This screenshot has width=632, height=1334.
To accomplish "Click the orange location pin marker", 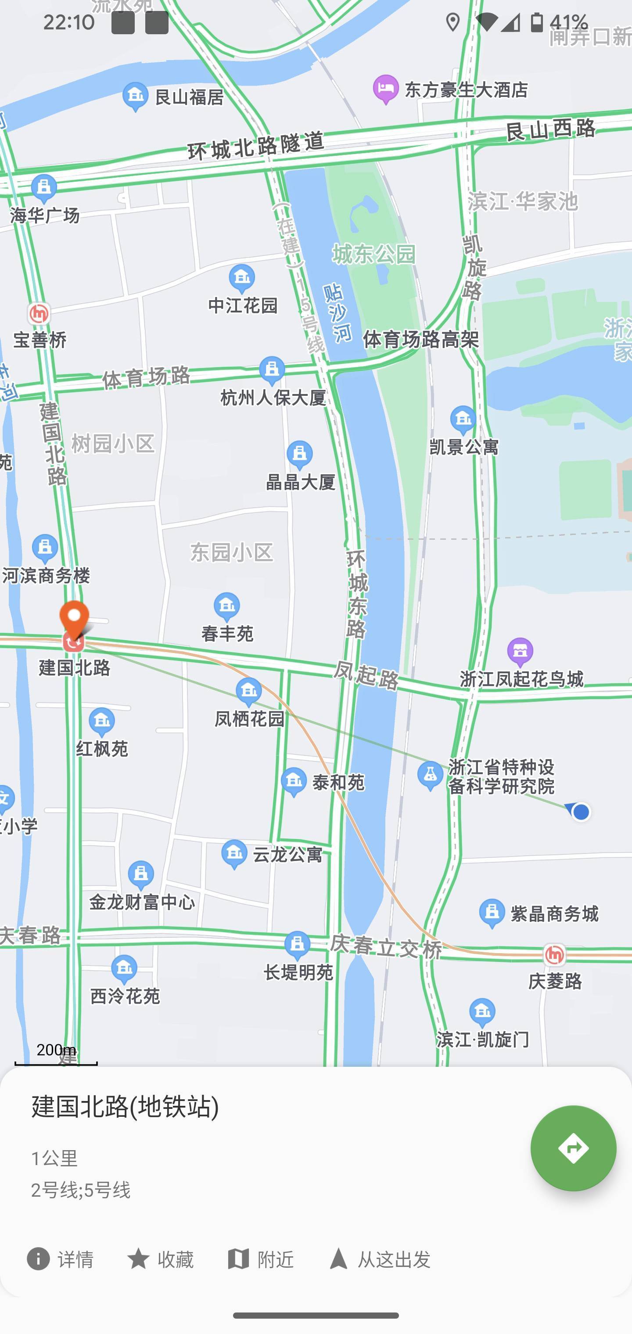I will click(74, 619).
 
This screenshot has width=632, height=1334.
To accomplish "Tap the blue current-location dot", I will click(581, 812).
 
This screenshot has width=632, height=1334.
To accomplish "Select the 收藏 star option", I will click(160, 1259).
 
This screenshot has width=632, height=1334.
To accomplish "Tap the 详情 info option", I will click(60, 1259).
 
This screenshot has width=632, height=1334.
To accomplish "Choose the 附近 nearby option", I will click(261, 1259).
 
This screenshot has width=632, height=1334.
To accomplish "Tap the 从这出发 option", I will click(380, 1259).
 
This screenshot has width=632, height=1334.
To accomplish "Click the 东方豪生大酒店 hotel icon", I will click(385, 89).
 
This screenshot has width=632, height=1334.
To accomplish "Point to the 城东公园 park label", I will click(373, 254).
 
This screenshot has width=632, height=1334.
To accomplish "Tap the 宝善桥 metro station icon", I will click(39, 314).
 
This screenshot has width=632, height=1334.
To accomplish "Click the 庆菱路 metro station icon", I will click(554, 954).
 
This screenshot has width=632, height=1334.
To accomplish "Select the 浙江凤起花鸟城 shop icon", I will click(520, 652).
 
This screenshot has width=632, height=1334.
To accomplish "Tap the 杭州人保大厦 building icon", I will click(272, 370).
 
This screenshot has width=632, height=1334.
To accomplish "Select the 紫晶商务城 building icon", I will click(492, 913).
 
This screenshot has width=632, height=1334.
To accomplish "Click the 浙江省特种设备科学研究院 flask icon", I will click(430, 775).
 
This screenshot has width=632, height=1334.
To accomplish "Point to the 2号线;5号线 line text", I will click(81, 1190).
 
